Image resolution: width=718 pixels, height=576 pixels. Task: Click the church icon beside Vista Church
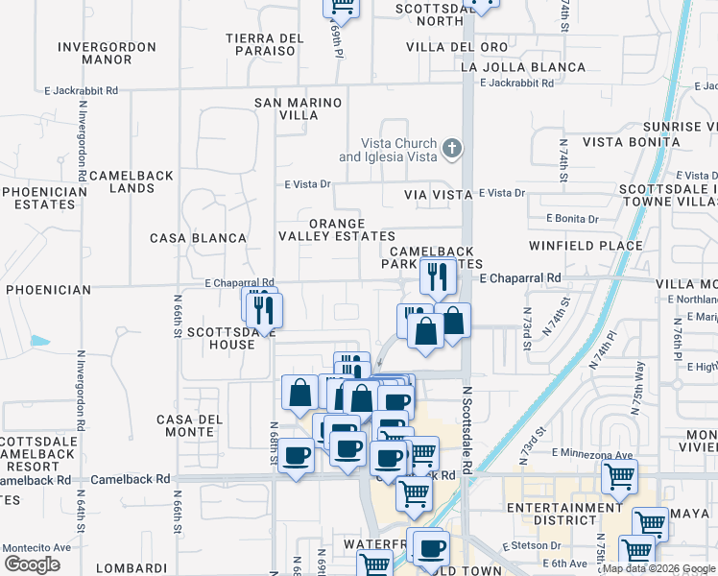point(452,148)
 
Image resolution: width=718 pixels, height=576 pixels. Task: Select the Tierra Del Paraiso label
point(265,44)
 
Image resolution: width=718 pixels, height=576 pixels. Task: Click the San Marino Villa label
point(299,108)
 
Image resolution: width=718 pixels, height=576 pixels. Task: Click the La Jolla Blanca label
point(523,67)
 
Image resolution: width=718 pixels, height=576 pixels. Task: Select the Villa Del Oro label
point(457,46)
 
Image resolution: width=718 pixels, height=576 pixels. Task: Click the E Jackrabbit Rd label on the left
point(81,90)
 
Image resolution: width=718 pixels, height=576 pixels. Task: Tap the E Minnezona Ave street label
point(593,453)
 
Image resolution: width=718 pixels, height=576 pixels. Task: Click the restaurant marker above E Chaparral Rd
point(438,277)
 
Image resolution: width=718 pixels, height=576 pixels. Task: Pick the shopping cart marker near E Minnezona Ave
point(620,475)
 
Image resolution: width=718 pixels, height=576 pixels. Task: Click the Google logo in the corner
point(32,564)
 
